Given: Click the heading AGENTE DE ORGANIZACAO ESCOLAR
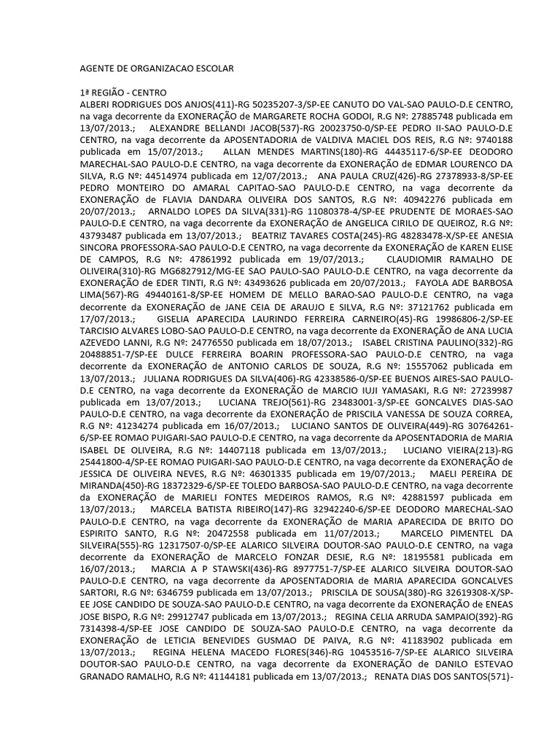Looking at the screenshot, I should (x=156, y=69).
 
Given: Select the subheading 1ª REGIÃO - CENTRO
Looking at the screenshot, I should (x=123, y=93).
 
